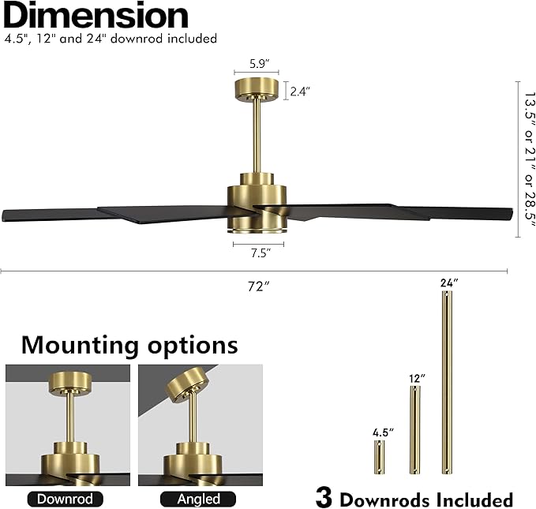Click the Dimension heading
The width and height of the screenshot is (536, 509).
coord(96,15)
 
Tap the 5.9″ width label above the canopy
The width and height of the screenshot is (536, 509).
coord(260,64)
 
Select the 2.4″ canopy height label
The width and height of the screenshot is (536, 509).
coord(300,92)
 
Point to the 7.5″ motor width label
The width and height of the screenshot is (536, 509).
coord(261,253)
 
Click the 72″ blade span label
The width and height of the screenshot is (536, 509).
coord(259,286)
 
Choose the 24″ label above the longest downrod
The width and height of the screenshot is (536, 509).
coord(449,283)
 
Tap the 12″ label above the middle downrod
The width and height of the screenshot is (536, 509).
coord(417,379)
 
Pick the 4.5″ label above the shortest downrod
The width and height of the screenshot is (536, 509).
coord(383,432)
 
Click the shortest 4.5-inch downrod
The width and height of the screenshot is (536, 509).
coord(379,457)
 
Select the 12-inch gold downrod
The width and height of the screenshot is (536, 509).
coord(415,430)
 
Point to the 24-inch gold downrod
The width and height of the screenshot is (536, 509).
coord(447,382)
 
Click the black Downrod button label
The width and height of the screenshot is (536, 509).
coord(65,499)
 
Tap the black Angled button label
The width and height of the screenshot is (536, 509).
coord(198,499)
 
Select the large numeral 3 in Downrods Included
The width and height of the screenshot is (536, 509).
coord(324,498)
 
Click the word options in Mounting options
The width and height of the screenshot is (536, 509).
coord(193,346)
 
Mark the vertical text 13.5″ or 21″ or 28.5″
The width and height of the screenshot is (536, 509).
coord(530,159)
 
